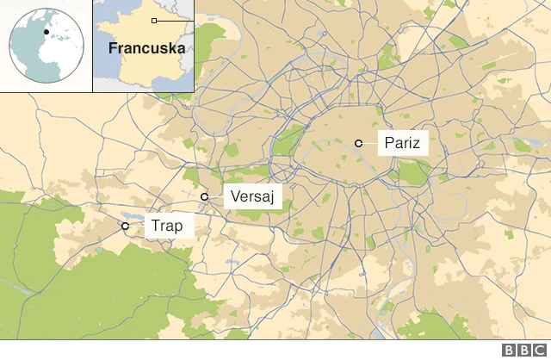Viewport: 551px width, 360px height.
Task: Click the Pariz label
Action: tap(403, 143)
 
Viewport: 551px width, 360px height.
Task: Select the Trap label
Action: tap(166, 227)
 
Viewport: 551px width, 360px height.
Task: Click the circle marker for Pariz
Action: tap(357, 143)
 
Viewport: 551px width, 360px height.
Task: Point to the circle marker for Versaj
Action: tap(205, 197)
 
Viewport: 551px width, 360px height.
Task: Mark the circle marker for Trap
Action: tap(125, 226)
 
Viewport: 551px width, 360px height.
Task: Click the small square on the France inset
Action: tap(154, 20)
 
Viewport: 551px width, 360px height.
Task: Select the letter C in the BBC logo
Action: tap(541, 351)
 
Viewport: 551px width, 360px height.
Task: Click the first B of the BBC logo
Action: tap(510, 351)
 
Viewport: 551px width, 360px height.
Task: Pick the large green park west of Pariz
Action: tap(291, 138)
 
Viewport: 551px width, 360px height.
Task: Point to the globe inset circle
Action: tap(46, 45)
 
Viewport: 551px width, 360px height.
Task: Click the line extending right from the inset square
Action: tap(175, 20)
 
